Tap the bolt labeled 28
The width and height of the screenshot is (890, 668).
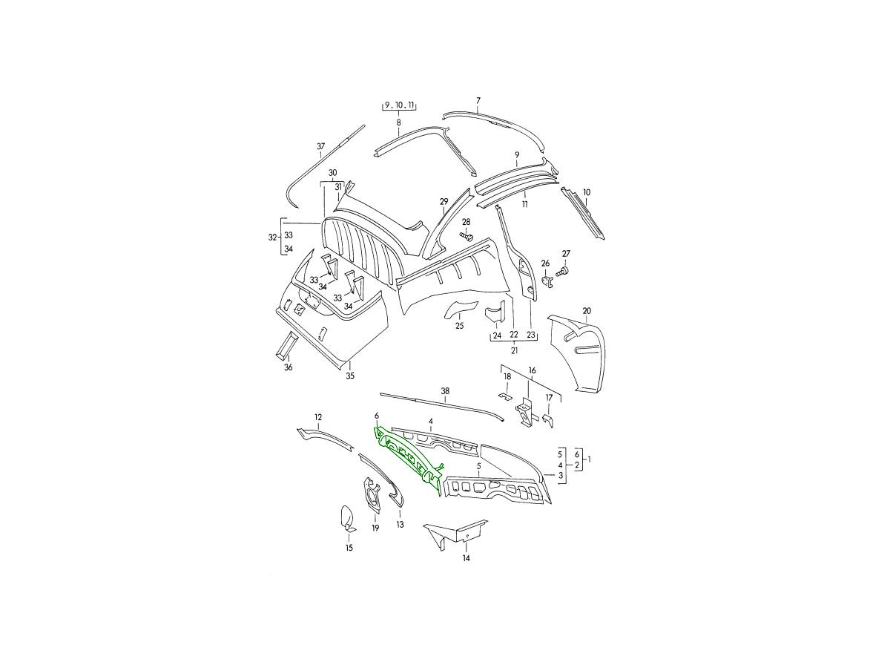(x=466, y=235)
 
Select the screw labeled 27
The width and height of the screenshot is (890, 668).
(x=562, y=272)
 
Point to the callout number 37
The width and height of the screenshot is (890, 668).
(x=320, y=146)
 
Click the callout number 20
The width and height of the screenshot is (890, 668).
(x=587, y=311)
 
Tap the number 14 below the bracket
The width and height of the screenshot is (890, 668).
(x=467, y=558)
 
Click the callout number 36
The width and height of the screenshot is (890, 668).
(x=288, y=367)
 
